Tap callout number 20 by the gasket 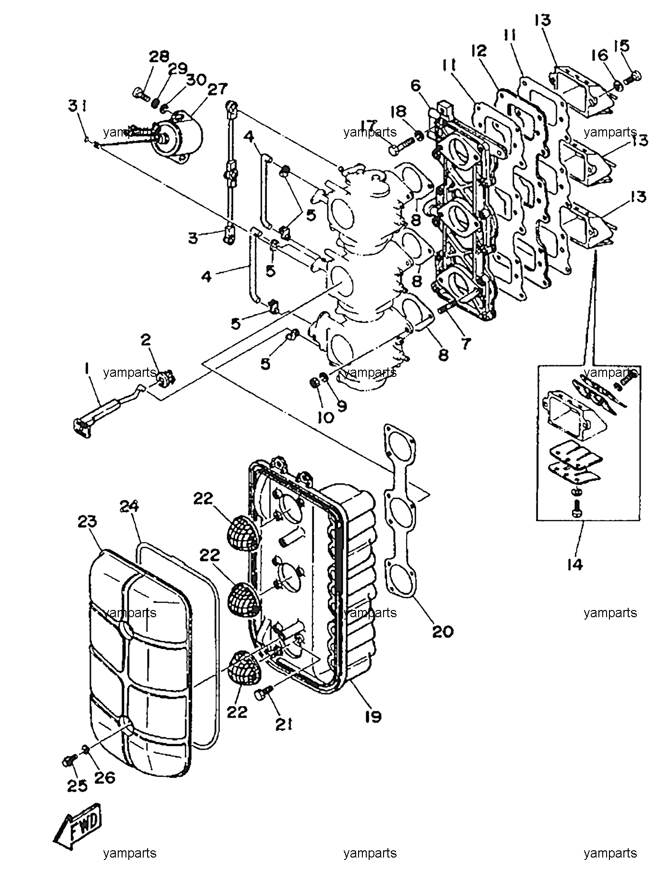[443, 631]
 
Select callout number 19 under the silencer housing [373, 716]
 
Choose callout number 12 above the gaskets [479, 50]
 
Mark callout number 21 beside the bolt [284, 724]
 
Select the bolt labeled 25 [70, 761]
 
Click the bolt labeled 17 [401, 146]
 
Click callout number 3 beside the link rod [193, 238]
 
